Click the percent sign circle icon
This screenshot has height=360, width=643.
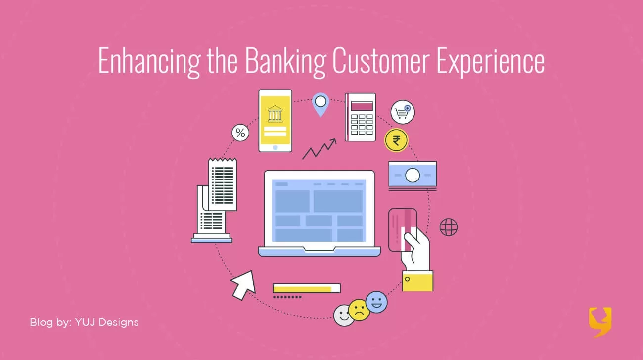[x=240, y=133]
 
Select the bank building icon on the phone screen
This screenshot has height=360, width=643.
[x=275, y=114]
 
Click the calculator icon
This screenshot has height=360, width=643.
[x=361, y=117]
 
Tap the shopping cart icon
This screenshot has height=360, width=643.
[x=403, y=112]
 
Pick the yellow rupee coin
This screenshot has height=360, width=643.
[x=396, y=140]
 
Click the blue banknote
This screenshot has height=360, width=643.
[x=413, y=175]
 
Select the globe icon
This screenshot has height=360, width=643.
[x=449, y=227]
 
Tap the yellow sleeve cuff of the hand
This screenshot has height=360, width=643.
[x=417, y=281]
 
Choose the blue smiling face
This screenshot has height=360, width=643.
[x=376, y=302]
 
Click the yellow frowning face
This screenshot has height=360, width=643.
[x=359, y=310]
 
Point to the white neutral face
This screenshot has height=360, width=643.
[x=344, y=315]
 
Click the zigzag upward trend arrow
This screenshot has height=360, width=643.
[x=319, y=149]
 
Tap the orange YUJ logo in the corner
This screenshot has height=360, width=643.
[x=600, y=322]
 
